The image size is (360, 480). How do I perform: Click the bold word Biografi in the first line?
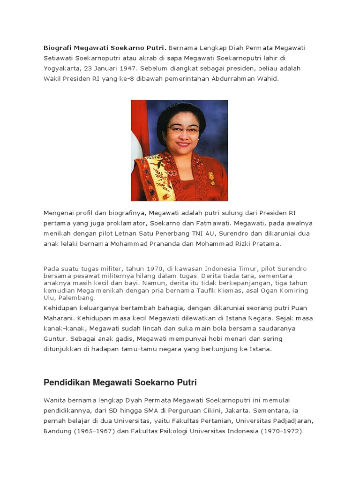point(58,48)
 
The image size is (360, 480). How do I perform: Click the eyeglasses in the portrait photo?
point(183,129)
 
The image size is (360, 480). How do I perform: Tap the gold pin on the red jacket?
point(211,178)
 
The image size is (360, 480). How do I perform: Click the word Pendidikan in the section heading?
point(67,383)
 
